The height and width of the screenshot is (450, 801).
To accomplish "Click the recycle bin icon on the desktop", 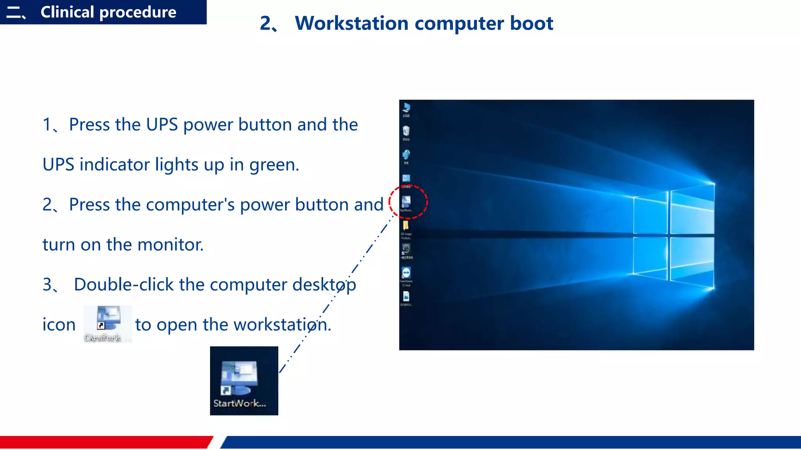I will (x=406, y=131).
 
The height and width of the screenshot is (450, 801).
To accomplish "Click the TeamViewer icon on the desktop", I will (x=406, y=272).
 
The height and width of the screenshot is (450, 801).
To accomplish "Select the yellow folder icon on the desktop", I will (x=406, y=225).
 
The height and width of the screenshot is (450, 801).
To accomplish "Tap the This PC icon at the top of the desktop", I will (x=406, y=107).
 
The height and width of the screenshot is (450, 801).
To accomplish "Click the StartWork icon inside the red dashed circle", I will (x=406, y=202).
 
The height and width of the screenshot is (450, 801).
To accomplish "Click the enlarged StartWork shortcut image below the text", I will (x=244, y=380).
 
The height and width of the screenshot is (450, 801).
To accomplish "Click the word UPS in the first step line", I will (x=162, y=125).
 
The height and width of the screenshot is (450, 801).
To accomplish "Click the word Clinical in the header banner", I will (x=67, y=12).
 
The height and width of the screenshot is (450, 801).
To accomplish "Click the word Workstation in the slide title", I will (x=352, y=23).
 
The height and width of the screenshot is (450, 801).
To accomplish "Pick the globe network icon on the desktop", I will (x=406, y=155).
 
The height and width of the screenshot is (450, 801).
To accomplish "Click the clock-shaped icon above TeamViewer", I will (x=406, y=249).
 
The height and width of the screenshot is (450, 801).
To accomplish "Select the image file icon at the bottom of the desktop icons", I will (x=406, y=296).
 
